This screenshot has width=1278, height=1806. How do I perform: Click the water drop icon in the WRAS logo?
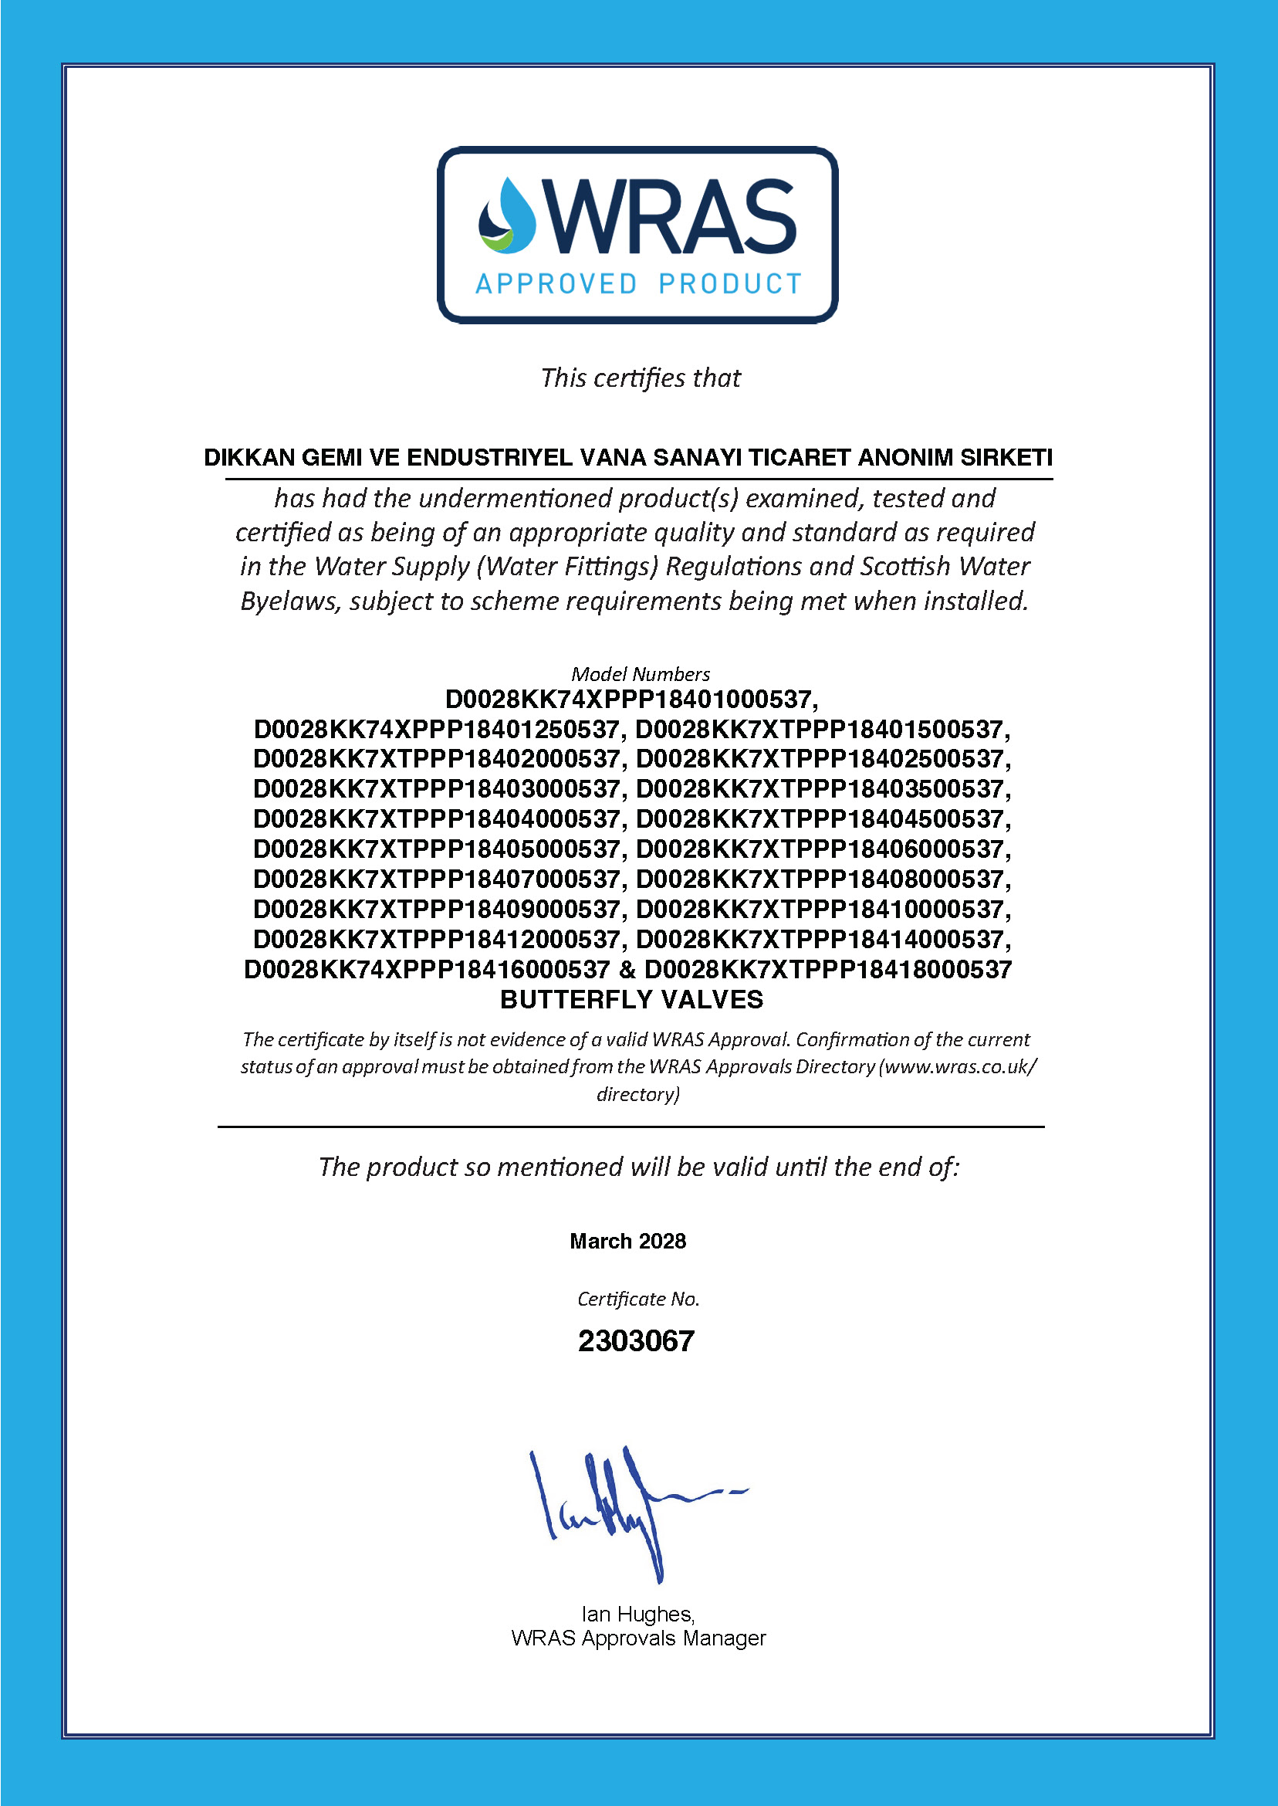click(508, 216)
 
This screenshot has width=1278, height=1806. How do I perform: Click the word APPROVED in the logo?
click(556, 284)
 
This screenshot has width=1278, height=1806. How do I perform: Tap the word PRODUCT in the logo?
click(729, 284)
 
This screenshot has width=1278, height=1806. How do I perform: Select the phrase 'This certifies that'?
click(640, 378)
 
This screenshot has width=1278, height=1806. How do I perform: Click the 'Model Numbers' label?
click(640, 674)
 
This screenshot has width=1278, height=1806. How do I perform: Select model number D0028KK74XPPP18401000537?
click(631, 699)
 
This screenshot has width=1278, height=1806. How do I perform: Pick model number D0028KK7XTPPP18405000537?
click(437, 849)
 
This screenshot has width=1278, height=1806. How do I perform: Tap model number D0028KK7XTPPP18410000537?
click(822, 910)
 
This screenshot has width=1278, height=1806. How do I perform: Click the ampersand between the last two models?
click(627, 969)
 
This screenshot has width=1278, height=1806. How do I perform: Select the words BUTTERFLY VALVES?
click(631, 1000)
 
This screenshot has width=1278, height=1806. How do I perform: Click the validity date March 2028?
click(627, 1242)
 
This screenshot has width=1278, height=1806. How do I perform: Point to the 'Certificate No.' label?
click(638, 1299)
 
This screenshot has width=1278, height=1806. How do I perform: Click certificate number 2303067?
click(636, 1341)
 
